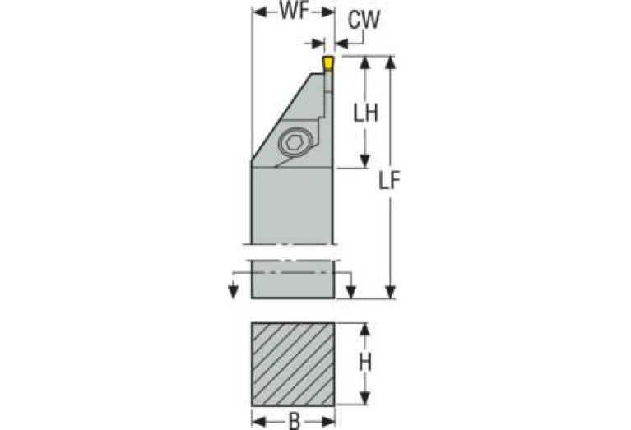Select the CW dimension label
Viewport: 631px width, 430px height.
point(364,20)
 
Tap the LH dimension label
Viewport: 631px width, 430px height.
point(365,113)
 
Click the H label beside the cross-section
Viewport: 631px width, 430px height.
point(365,363)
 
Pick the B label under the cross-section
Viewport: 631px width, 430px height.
point(295,422)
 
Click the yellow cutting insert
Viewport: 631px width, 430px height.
point(328,63)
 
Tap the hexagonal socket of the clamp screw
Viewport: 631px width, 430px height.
point(296,142)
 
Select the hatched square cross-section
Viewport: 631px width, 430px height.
point(293,364)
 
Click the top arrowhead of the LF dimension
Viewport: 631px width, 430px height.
point(390,62)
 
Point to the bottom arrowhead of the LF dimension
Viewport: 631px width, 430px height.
point(390,292)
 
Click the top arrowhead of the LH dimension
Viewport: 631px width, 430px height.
point(364,63)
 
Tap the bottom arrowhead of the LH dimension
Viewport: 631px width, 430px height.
point(364,160)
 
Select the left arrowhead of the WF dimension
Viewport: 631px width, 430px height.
point(259,12)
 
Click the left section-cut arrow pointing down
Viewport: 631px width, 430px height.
point(233,292)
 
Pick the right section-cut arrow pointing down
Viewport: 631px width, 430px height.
point(351,292)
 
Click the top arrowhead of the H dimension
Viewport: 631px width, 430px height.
point(364,330)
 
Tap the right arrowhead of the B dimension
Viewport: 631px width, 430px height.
point(328,422)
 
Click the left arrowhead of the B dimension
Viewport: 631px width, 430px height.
point(259,422)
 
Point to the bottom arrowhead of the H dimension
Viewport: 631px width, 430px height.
point(364,398)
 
